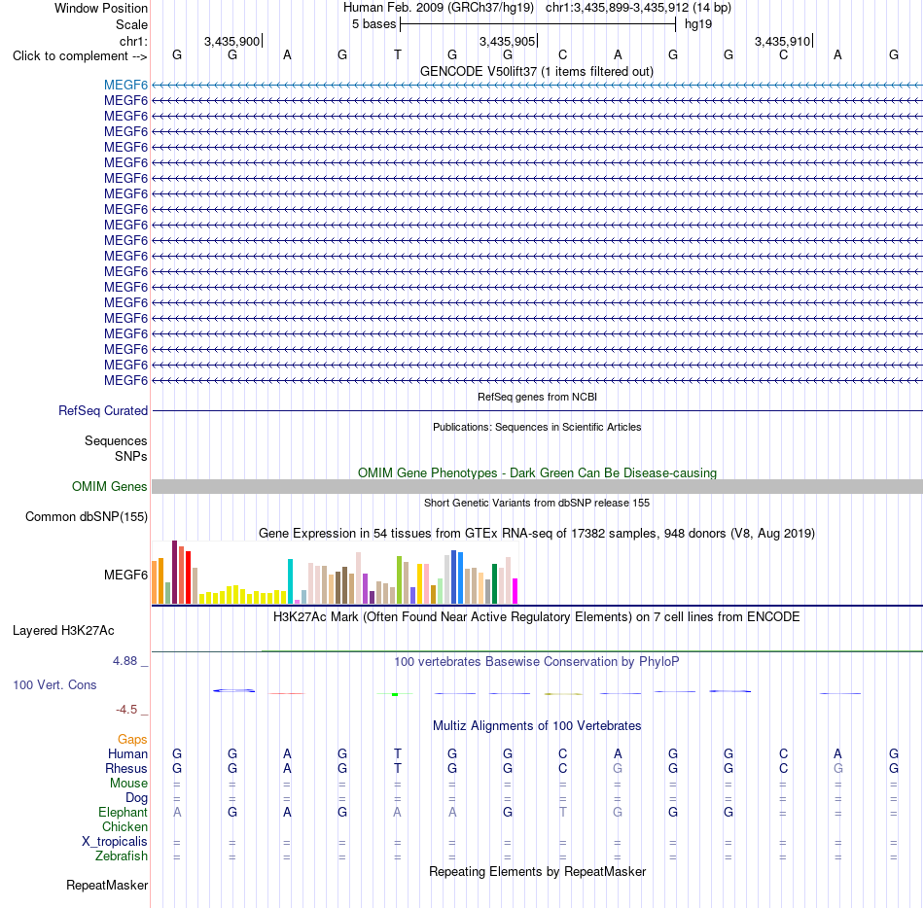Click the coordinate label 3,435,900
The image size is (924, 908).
pos(231,41)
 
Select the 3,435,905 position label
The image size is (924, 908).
pos(507,41)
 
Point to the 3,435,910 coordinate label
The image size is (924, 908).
pos(783,41)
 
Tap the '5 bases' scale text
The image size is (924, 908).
pos(373,24)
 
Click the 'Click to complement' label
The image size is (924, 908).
pos(71,56)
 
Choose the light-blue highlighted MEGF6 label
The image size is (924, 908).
pos(125,85)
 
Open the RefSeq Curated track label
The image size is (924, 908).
pos(103,410)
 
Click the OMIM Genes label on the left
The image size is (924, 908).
pos(110,486)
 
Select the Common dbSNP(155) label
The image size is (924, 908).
pos(87,516)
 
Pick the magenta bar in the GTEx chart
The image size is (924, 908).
pos(515,591)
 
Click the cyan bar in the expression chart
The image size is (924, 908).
pos(290,581)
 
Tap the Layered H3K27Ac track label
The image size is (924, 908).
pos(63,631)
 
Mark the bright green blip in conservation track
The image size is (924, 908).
pos(395,695)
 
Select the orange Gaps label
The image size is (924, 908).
pos(132,739)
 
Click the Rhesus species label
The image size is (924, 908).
pos(126,768)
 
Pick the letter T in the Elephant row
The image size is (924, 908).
pos(563,812)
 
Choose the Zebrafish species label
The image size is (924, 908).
pos(122,856)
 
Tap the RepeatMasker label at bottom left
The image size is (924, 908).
pos(107,885)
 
